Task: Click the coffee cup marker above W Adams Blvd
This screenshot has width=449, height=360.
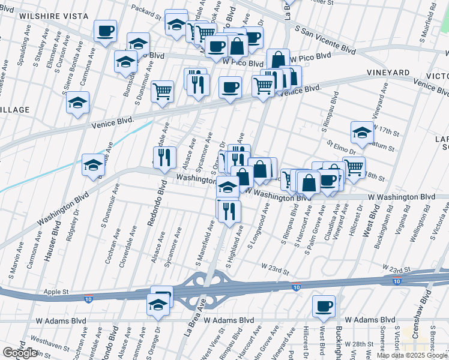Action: click(x=324, y=307)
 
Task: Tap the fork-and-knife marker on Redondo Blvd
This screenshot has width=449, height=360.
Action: click(x=164, y=158)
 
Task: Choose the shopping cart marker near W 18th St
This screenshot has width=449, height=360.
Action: click(x=354, y=168)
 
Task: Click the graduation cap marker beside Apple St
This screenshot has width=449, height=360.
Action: click(x=158, y=305)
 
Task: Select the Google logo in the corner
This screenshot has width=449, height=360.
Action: click(x=19, y=353)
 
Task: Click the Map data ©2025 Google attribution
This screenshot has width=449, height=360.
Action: click(x=412, y=355)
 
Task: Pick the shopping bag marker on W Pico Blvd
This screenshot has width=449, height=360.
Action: click(x=278, y=60)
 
